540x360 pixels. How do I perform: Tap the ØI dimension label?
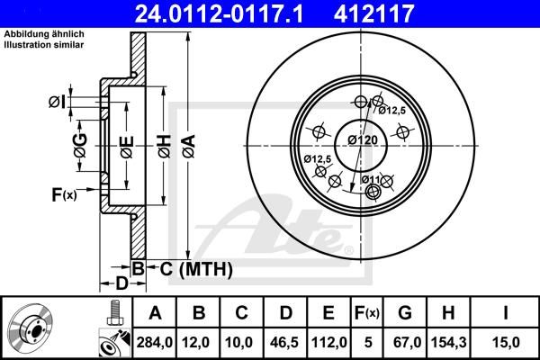57,103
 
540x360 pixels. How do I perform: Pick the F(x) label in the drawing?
63,193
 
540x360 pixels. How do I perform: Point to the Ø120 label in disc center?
362,139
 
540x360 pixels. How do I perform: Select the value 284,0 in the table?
155,341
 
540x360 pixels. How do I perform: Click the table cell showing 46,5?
285,341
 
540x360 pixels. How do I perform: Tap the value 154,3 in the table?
447,341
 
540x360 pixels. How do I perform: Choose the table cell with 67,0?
404,341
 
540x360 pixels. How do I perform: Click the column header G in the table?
404,313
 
